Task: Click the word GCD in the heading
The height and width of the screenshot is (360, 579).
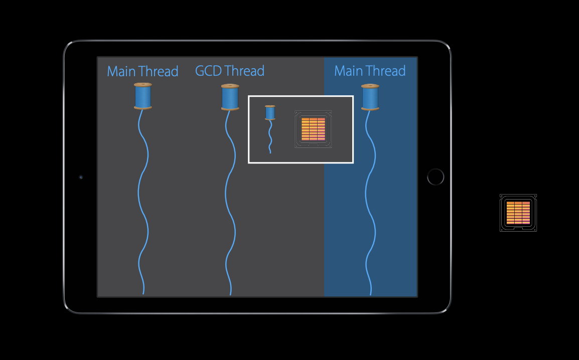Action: point(208,71)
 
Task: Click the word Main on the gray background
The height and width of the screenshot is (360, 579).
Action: point(121,71)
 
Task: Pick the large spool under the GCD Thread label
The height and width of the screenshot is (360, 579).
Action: point(230,97)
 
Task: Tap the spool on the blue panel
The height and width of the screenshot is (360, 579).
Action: point(370,97)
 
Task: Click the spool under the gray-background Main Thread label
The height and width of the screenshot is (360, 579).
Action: point(143,96)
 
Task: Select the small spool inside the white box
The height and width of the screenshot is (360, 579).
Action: point(270,113)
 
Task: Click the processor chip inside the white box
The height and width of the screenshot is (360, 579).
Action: point(313,129)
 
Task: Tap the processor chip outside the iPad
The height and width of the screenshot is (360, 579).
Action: point(518,213)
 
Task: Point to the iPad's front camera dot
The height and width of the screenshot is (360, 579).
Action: point(81,177)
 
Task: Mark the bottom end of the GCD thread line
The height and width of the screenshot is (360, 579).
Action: point(230,294)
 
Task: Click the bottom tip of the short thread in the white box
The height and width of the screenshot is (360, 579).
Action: point(270,152)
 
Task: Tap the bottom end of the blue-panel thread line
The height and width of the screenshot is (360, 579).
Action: point(371,294)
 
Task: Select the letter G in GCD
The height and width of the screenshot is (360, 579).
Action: point(200,71)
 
